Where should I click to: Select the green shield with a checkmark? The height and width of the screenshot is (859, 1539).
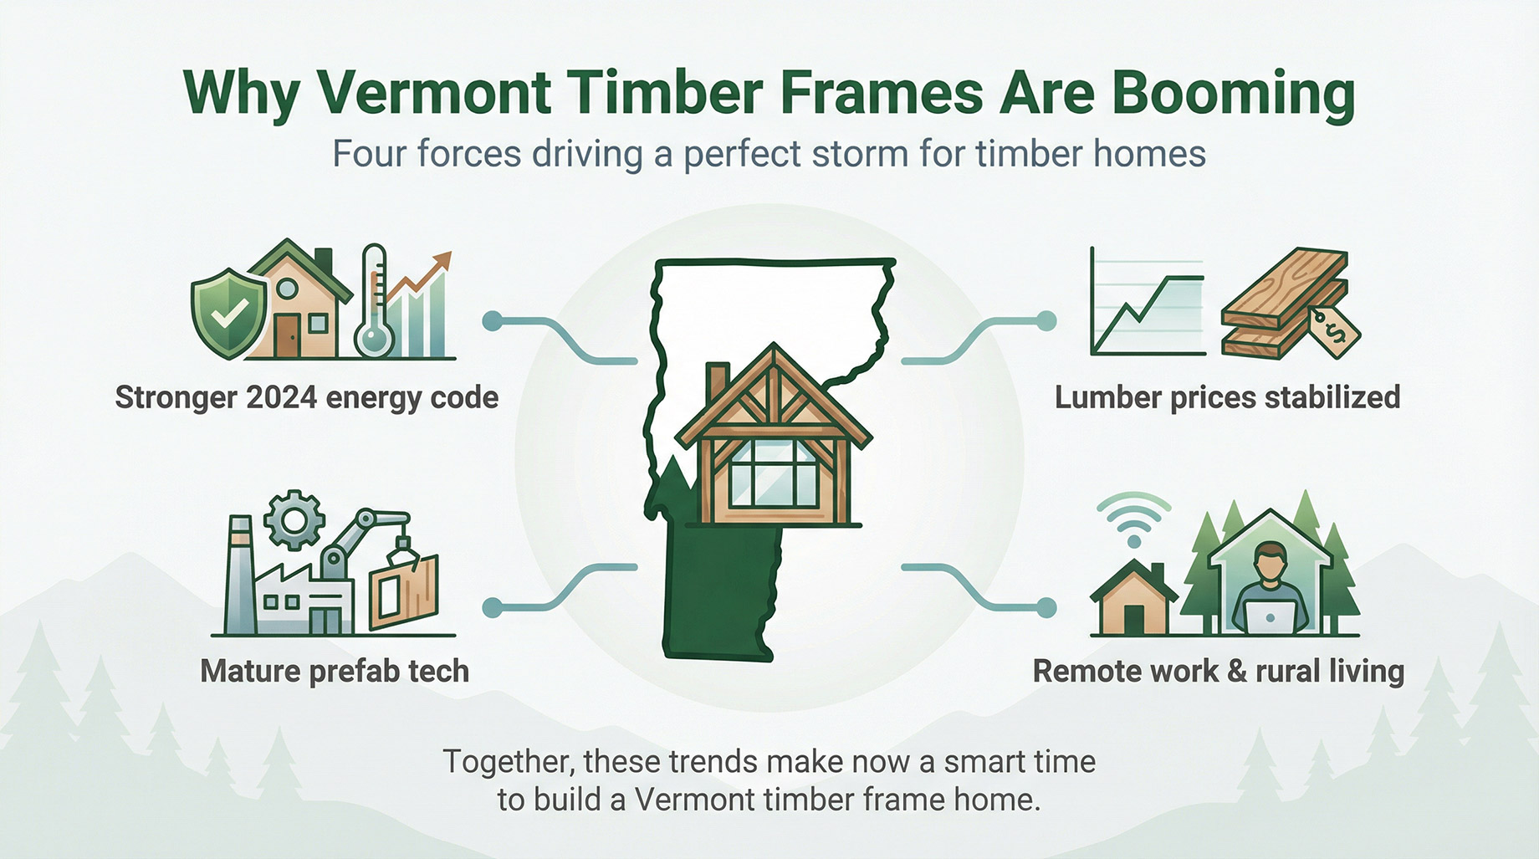pos(228,310)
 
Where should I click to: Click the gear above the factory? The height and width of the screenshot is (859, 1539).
pos(294,519)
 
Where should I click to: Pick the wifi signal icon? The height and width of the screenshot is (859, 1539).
pos(1133,519)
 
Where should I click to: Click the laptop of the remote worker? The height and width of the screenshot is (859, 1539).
pos(1268,617)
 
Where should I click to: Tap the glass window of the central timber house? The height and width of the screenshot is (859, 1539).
pos(773,473)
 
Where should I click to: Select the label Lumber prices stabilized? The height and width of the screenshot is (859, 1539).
pos(1227,397)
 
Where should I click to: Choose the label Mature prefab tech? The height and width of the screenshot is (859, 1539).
pos(335,671)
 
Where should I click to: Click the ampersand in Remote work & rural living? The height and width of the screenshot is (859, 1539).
pos(1236,671)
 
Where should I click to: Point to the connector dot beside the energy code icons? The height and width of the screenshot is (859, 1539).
pos(493,320)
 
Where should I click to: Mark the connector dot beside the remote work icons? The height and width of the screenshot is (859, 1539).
pos(1046,607)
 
